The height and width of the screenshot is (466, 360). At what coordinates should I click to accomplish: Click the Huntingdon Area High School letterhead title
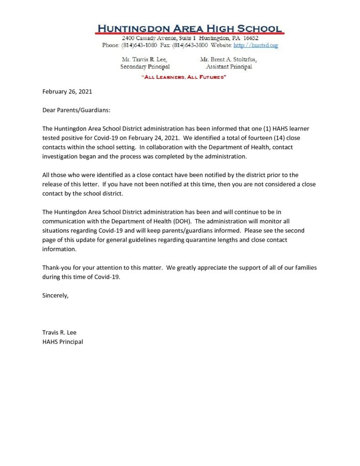189,28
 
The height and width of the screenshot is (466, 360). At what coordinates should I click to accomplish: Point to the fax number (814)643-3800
190,46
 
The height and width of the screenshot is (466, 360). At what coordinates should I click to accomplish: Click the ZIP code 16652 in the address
250,38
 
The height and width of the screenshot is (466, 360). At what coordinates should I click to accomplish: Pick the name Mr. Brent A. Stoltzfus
228,60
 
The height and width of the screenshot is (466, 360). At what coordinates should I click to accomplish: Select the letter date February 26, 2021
67,91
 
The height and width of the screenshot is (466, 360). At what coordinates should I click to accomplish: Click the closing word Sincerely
55,295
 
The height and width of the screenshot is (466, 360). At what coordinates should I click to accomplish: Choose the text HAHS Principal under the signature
62,341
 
